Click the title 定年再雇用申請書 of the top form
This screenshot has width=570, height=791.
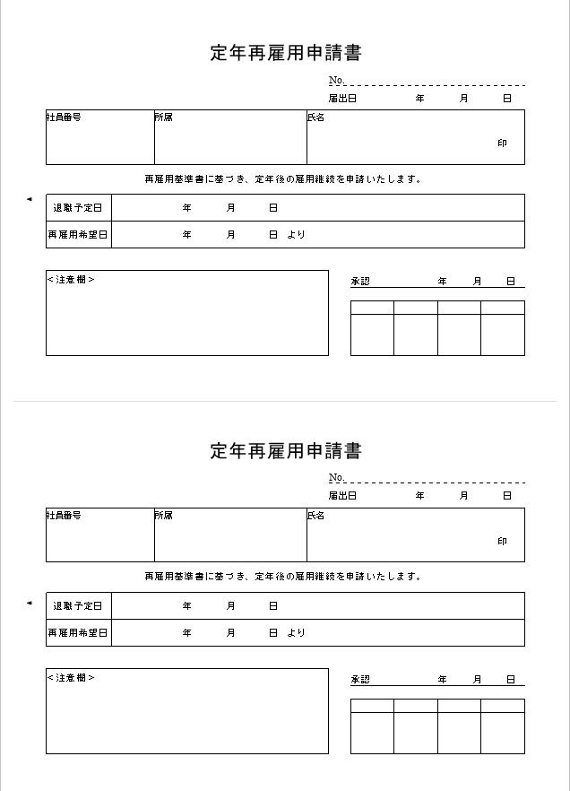(x=286, y=53)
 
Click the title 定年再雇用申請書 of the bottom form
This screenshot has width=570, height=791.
(x=286, y=451)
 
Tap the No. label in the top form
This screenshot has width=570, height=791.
(x=336, y=80)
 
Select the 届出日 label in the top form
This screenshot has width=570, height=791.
(x=342, y=98)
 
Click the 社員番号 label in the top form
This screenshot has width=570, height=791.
(x=64, y=117)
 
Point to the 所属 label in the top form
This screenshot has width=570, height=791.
(x=163, y=117)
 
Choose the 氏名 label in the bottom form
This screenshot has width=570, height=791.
(x=315, y=516)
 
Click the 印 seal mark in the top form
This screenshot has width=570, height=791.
(x=503, y=143)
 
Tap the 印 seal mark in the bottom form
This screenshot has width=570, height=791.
(x=503, y=542)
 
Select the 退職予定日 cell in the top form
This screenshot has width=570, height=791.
(x=78, y=208)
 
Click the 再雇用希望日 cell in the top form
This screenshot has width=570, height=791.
(x=78, y=235)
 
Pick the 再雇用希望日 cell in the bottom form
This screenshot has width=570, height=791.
(x=78, y=633)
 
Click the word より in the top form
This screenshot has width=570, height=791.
(x=297, y=235)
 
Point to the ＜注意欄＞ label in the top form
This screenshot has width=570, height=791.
(x=71, y=280)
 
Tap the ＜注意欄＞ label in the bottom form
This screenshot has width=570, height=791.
(x=71, y=678)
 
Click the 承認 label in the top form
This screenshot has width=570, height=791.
(x=359, y=282)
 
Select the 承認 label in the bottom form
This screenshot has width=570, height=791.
(x=359, y=680)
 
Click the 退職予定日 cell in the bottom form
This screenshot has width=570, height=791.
(x=78, y=606)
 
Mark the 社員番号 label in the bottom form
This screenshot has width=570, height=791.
(x=64, y=516)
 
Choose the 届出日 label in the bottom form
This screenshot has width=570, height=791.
(x=342, y=495)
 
